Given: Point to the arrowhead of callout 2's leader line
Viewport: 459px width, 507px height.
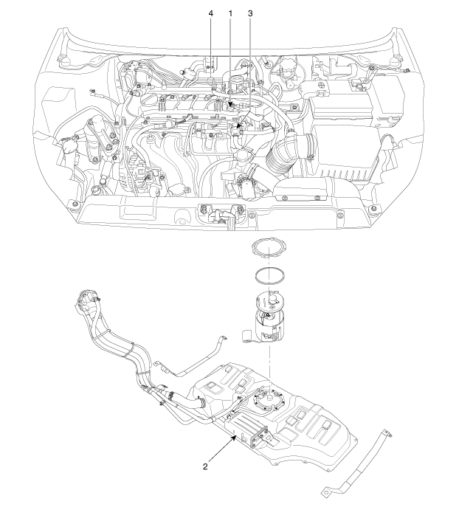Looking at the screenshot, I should pyautogui.click(x=238, y=435).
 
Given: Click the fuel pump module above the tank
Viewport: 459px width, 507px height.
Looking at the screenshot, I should pyautogui.click(x=273, y=317).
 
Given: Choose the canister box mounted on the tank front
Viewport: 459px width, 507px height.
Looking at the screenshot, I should pyautogui.click(x=251, y=432).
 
